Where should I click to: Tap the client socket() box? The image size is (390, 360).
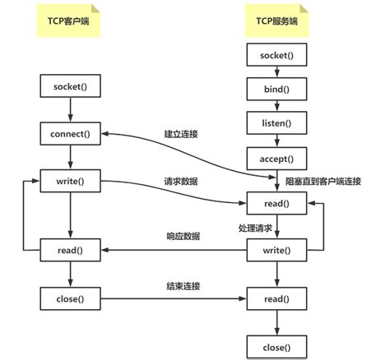tap(70, 86)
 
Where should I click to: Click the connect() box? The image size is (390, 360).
tap(70, 133)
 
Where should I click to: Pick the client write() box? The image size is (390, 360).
tap(70, 180)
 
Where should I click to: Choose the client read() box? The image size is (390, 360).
tap(70, 248)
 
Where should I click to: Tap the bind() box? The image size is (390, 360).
tap(276, 88)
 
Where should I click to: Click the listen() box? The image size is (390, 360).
tap(276, 122)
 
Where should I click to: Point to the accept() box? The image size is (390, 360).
tap(276, 158)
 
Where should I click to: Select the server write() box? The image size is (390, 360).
tap(276, 248)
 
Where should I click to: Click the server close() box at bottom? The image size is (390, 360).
tap(276, 348)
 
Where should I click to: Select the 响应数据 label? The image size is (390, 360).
tap(182, 236)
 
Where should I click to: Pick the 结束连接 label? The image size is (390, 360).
tap(182, 285)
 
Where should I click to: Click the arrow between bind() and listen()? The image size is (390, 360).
tap(276, 105)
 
